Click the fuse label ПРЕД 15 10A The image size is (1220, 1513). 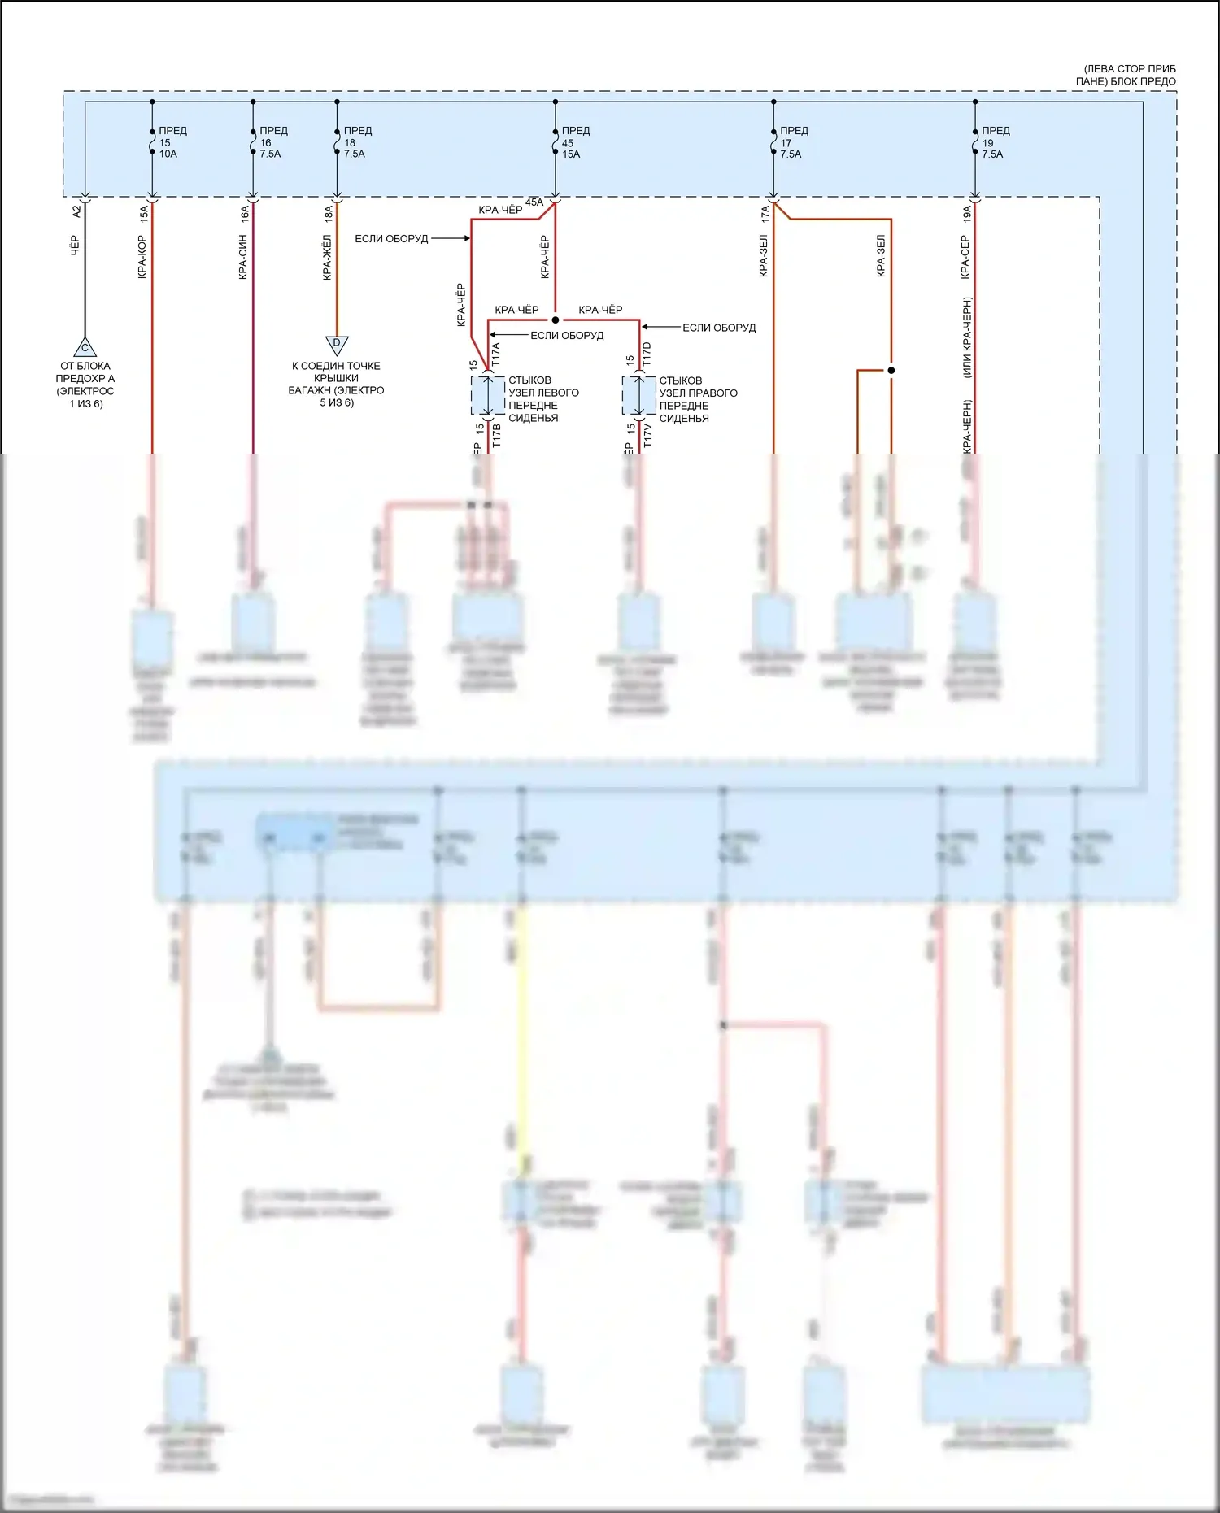coord(171,142)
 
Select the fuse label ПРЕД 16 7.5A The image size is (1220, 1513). coord(272,142)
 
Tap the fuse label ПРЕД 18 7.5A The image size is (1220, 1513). coord(356,142)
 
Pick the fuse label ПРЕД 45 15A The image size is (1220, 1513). coord(574,142)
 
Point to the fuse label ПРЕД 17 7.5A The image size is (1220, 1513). coord(793,142)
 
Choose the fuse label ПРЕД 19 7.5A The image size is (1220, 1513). coord(994,142)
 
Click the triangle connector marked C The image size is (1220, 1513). coord(85,348)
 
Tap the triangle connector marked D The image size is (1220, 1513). coord(337,345)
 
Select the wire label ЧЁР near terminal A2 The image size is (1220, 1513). coord(75,246)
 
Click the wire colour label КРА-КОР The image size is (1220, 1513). coord(142,257)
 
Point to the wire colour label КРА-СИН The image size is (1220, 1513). coord(243,257)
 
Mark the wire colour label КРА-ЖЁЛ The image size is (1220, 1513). coord(327,257)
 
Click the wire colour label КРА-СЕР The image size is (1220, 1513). coord(965,257)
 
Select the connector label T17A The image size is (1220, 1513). coord(496,354)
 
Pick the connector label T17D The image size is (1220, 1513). coord(647,354)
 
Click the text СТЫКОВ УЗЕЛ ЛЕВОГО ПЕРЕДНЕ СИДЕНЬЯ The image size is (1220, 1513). coord(542,398)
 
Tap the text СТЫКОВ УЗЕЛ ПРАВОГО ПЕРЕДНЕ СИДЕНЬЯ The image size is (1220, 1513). coord(697,399)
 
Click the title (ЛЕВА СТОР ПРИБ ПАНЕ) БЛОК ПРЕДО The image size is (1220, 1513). coord(1129,75)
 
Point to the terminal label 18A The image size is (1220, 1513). coord(329,214)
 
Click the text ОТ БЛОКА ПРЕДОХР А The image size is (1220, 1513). coord(85,372)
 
